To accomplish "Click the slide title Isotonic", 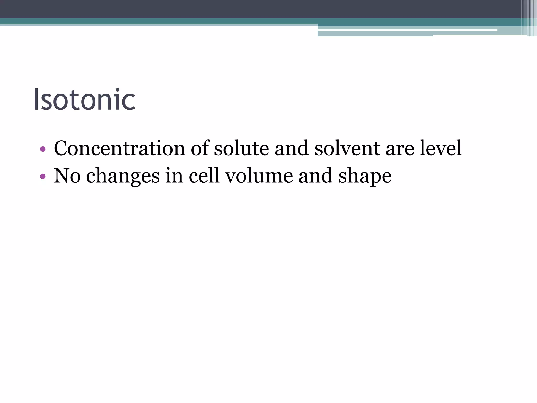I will [84, 100].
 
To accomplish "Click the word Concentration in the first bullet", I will [120, 148].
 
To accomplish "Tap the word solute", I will [241, 148].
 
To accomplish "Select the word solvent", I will [347, 148].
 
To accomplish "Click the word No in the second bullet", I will [67, 176].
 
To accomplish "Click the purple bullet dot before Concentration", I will [43, 149].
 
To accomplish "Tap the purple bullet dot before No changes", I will [43, 177].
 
